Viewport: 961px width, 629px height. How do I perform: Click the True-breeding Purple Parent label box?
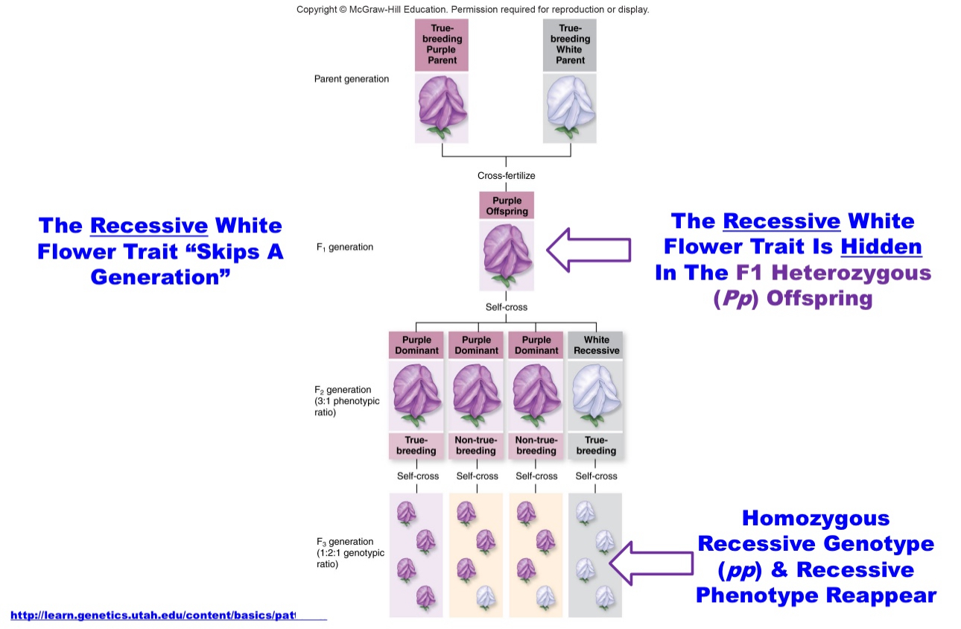point(442,44)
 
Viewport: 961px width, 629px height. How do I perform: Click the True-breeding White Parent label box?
point(570,44)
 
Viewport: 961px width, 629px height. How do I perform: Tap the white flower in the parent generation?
point(570,108)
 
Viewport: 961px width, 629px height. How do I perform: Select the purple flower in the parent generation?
point(442,108)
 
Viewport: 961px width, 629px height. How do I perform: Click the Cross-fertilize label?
point(506,176)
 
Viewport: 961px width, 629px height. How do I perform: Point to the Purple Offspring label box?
point(506,206)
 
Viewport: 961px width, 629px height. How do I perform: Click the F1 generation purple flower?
point(506,254)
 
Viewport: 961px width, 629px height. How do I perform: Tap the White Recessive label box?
point(596,345)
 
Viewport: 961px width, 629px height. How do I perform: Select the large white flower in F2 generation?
point(596,395)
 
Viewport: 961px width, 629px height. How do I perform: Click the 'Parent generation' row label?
point(351,79)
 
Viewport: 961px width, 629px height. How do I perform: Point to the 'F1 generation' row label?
point(345,247)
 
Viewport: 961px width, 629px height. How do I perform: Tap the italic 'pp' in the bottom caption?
point(741,570)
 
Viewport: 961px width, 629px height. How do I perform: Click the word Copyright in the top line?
point(317,10)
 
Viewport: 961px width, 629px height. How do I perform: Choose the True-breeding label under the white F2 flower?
point(596,446)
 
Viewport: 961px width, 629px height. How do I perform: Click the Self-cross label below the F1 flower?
point(506,307)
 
